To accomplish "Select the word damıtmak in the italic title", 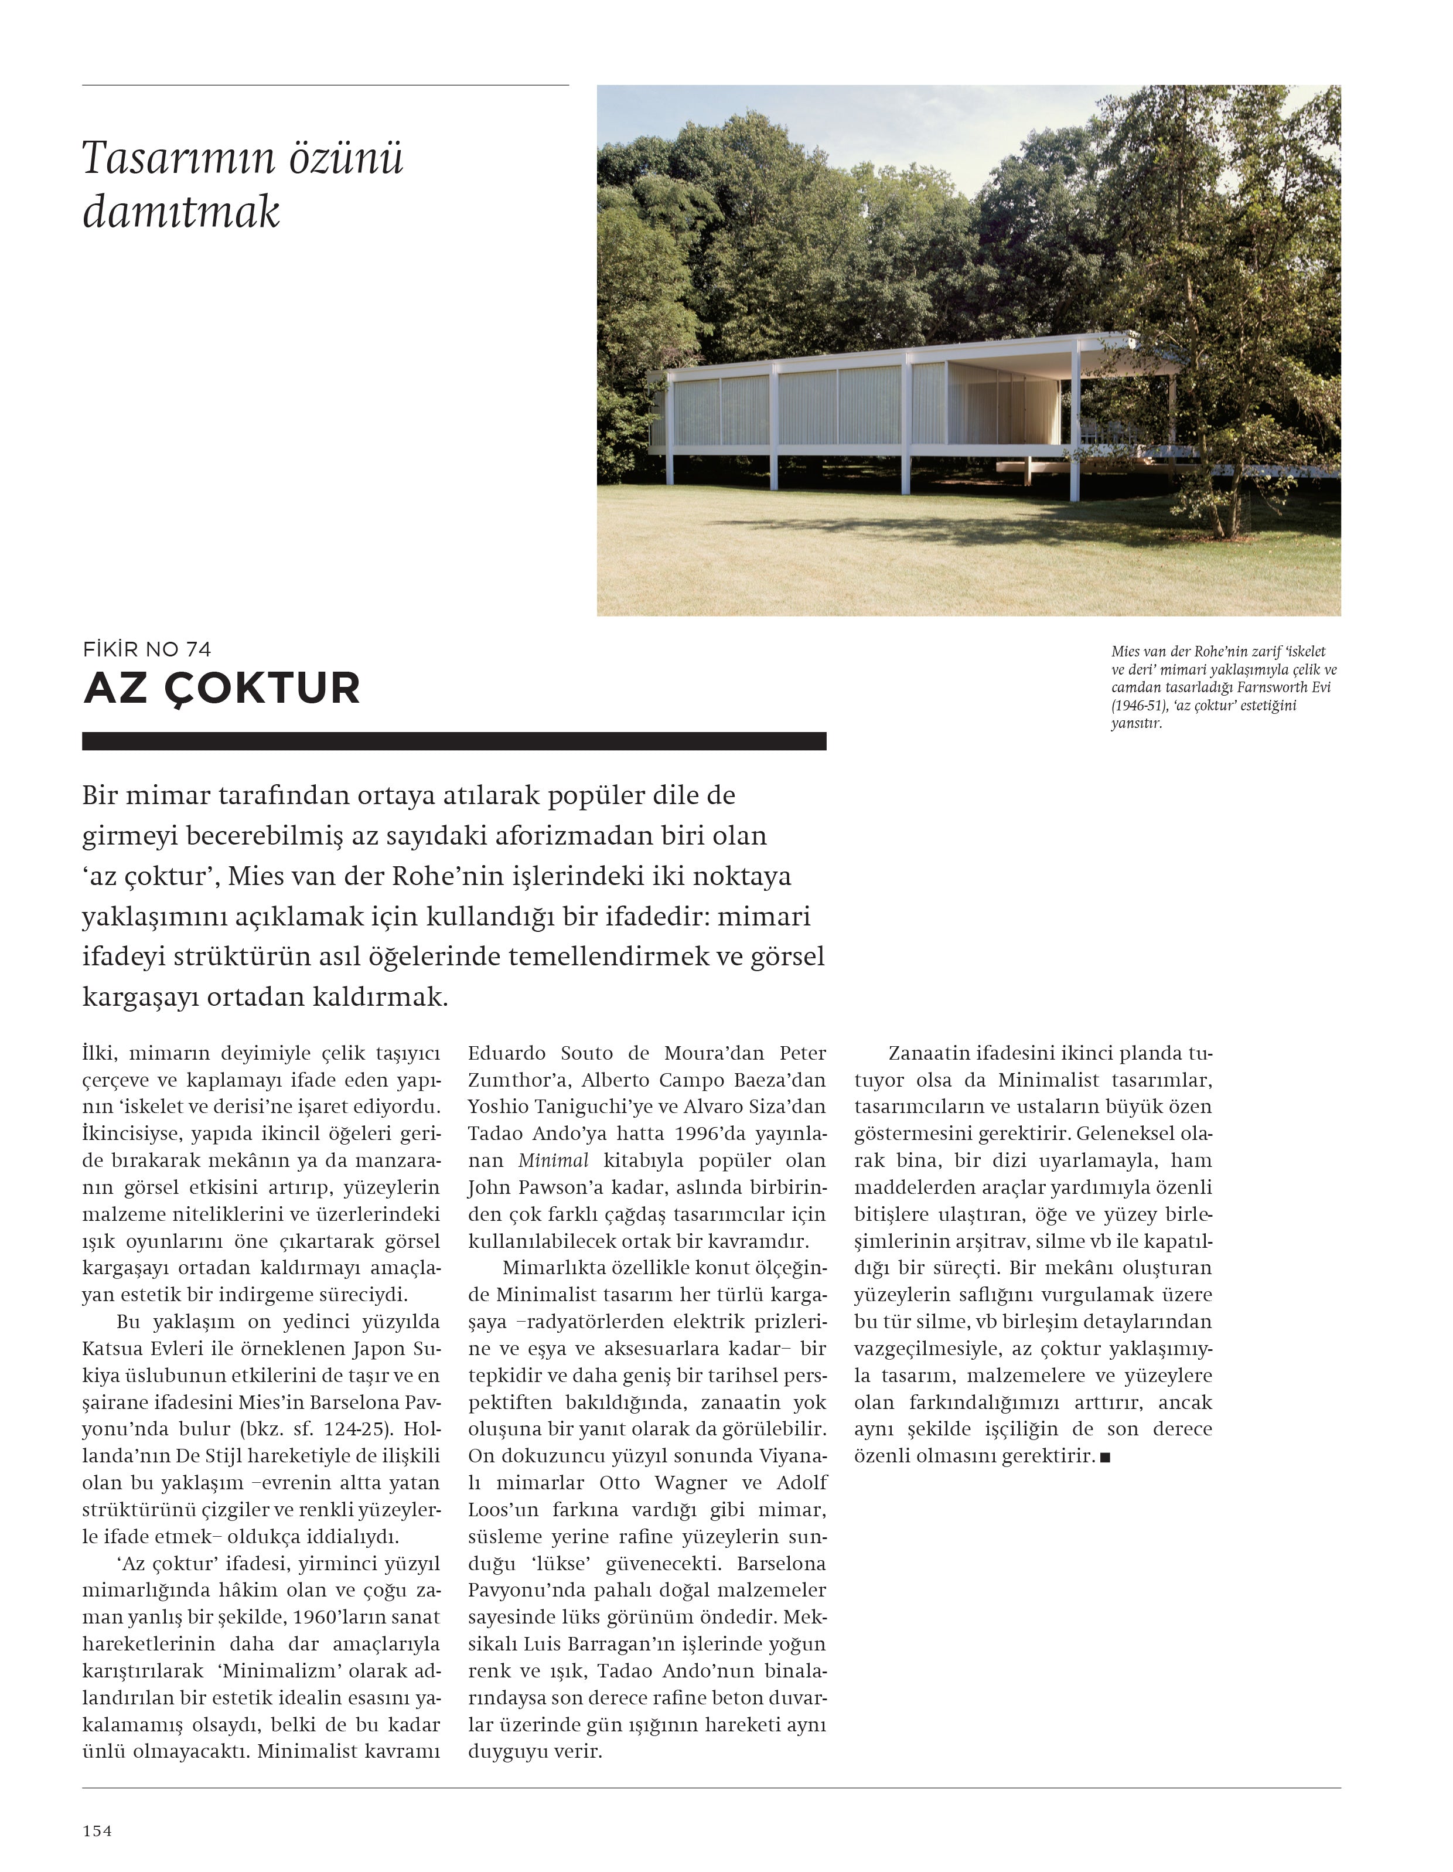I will pos(181,212).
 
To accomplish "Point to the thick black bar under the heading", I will pos(454,741).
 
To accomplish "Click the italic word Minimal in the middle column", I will pos(554,1160).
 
